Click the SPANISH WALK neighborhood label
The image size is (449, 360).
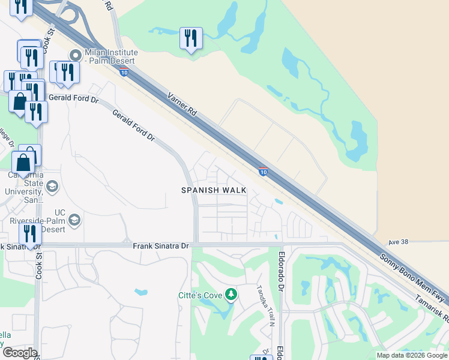coord(213,190)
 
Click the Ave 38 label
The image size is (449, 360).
coord(398,242)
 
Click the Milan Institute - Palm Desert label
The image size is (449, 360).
coord(111,56)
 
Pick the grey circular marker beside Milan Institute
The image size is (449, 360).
coord(76,55)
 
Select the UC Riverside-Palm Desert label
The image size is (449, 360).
coord(37,221)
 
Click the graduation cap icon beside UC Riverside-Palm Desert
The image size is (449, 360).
coord(74,220)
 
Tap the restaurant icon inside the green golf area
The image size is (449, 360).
coord(191,39)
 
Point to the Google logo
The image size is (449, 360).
coord(20,353)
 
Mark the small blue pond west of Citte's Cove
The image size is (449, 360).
coord(142,293)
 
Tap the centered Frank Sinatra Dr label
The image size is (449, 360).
coord(160,246)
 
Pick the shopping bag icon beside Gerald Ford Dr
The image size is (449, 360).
coord(20,101)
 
